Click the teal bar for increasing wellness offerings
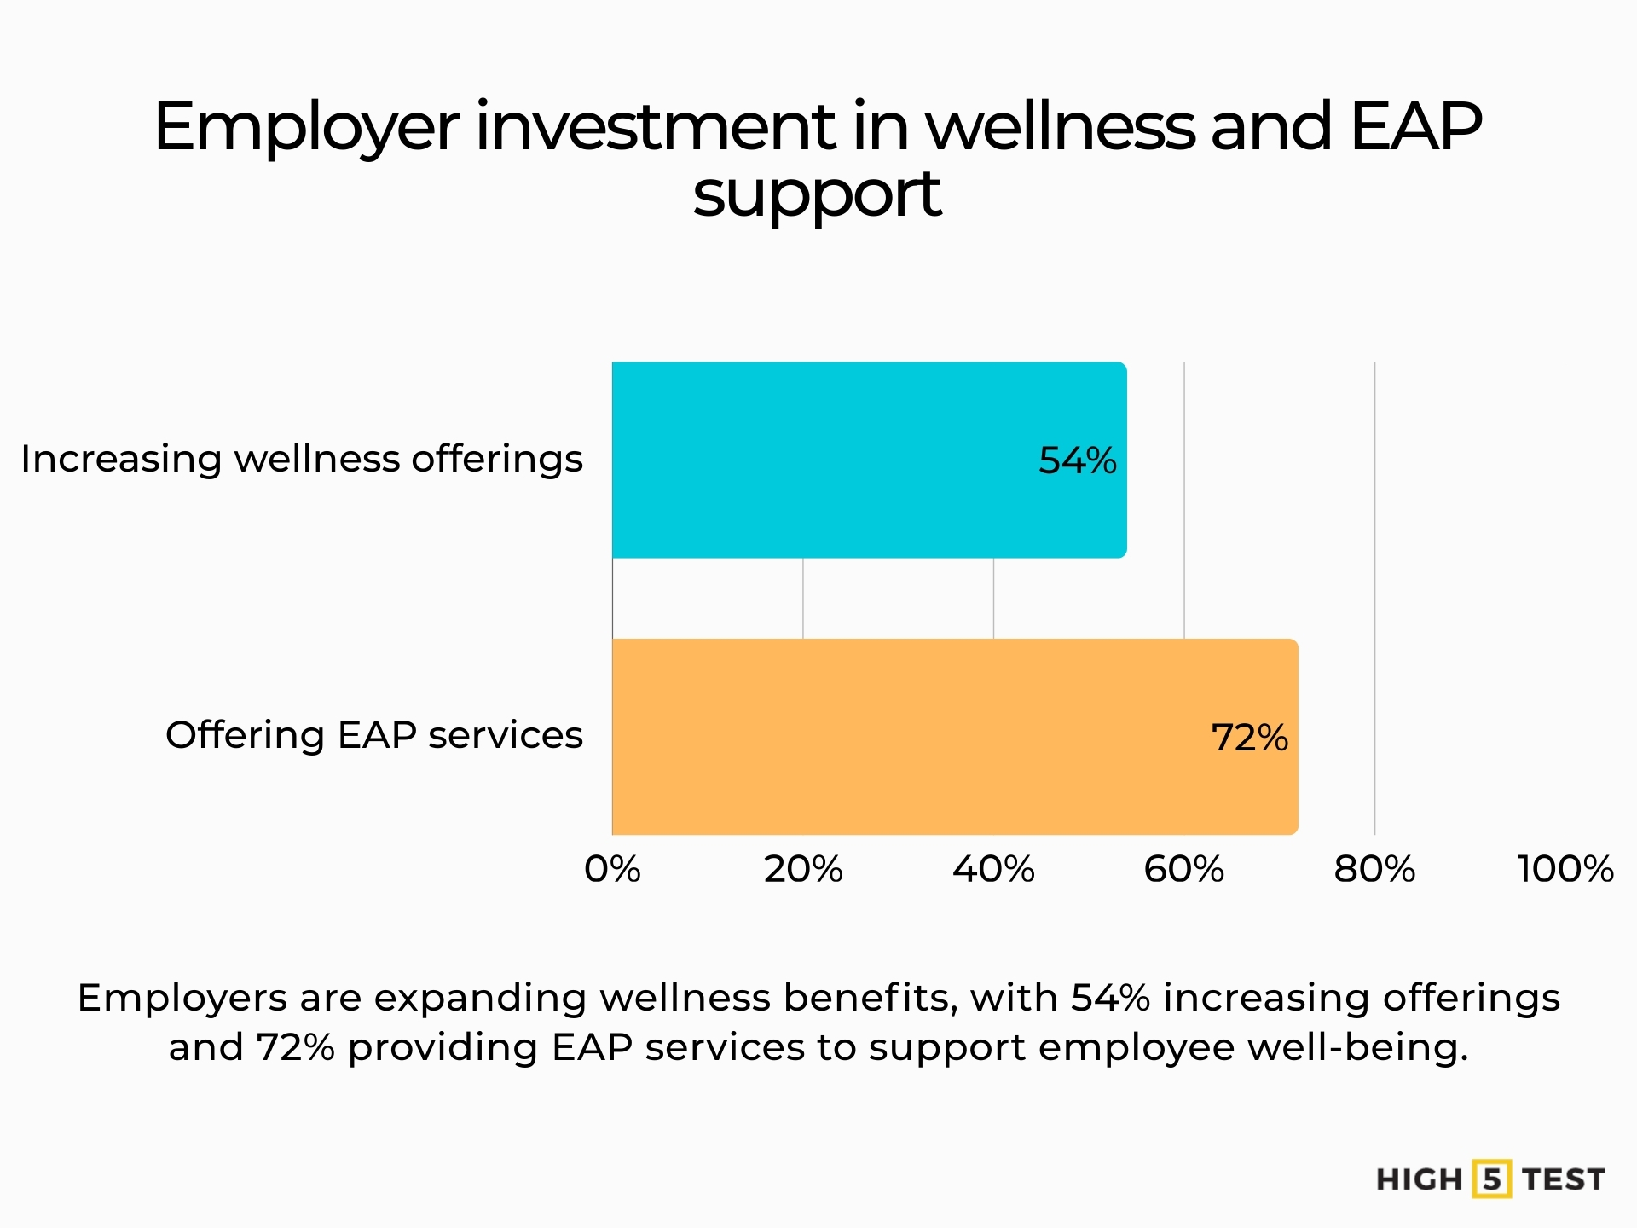click(x=853, y=460)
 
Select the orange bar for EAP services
click(x=938, y=737)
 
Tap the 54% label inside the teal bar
click(x=1077, y=460)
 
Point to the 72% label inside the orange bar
click(x=1249, y=738)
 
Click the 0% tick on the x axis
click(x=612, y=870)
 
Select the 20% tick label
click(x=803, y=870)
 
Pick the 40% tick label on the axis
click(x=993, y=870)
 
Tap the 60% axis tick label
click(x=1183, y=870)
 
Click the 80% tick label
click(x=1374, y=870)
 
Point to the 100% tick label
click(x=1565, y=870)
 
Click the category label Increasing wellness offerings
click(x=302, y=460)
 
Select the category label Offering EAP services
click(x=373, y=735)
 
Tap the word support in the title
click(x=817, y=194)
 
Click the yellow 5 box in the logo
click(x=1492, y=1179)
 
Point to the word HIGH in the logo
click(x=1419, y=1180)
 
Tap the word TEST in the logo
click(x=1564, y=1180)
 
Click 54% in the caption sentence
click(x=1110, y=998)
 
